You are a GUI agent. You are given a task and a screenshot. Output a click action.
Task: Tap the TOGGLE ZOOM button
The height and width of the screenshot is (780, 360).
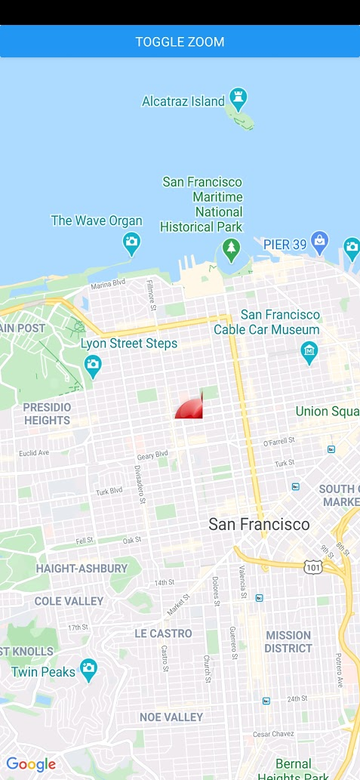click(180, 42)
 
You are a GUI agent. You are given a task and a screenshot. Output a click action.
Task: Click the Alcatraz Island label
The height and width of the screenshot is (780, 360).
click(183, 101)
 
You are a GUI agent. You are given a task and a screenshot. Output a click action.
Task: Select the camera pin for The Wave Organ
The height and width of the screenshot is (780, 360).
click(132, 243)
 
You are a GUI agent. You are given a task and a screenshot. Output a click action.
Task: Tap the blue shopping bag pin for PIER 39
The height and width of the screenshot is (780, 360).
click(319, 242)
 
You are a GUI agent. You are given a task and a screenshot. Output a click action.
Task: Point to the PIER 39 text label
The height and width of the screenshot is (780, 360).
click(285, 245)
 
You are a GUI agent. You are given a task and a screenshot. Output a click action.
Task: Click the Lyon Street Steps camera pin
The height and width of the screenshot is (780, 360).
click(93, 366)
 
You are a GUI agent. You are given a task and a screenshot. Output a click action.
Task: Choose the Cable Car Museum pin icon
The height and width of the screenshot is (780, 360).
click(309, 351)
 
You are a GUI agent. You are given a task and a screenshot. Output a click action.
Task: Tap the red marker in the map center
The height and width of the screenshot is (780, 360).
click(190, 408)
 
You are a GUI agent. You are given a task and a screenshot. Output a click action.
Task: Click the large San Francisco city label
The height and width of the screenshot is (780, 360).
click(259, 524)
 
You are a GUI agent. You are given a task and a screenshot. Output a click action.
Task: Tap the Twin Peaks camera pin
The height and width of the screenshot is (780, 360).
click(89, 669)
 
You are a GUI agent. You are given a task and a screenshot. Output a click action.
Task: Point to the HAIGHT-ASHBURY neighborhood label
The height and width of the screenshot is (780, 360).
click(82, 569)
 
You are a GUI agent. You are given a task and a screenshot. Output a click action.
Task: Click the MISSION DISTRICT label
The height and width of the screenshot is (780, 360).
click(288, 642)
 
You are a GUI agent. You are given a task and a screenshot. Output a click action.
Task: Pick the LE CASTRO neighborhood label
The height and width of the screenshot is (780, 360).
click(163, 633)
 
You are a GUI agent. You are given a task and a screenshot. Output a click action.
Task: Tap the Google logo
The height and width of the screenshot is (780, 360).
click(31, 764)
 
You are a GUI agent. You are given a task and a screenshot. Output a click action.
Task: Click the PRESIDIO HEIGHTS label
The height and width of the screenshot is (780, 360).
click(47, 413)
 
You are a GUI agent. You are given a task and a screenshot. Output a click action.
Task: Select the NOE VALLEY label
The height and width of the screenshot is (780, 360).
click(171, 717)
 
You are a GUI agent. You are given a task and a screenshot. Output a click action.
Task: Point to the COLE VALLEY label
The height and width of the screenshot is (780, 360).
click(69, 601)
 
